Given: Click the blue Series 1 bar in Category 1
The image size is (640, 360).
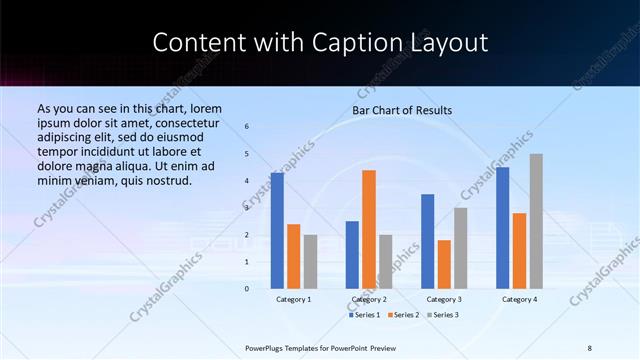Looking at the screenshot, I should coord(277,231).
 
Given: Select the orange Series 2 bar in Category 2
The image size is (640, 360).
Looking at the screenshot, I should coord(369,229).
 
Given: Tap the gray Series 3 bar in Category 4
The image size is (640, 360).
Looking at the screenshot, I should coord(536,221).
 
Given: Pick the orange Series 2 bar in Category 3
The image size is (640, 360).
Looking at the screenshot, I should coord(444,264).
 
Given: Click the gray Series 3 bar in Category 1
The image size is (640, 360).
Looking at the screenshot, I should coord(310,262).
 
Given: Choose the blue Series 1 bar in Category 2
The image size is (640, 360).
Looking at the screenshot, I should coord(352,255).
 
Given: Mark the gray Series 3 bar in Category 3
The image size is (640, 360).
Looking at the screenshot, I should coord(461,248).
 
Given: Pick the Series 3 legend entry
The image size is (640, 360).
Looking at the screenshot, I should coord(443,315).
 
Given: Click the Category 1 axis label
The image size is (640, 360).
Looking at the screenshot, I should coord(294,299).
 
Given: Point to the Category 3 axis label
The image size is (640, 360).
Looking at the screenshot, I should coord(444,299).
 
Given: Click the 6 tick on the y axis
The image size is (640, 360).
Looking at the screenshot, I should coord(247,126).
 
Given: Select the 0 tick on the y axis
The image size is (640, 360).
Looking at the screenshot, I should coord(247,289).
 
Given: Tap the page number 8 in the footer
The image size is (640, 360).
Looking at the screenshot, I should coord(590,347).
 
